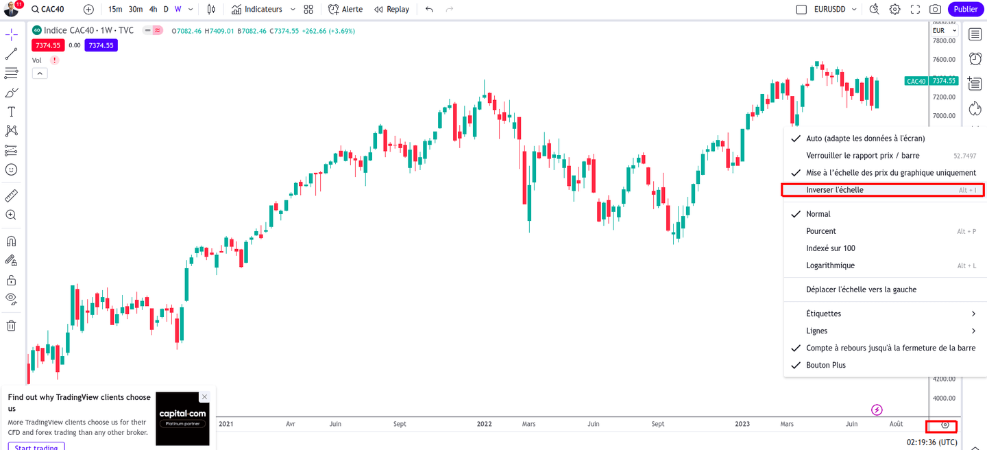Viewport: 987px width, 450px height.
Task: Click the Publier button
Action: (x=966, y=9)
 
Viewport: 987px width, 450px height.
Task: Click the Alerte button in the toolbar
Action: (x=346, y=10)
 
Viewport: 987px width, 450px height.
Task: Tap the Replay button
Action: (x=391, y=10)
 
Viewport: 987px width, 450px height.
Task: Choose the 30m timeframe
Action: (x=136, y=10)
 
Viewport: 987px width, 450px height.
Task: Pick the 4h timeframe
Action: (x=154, y=10)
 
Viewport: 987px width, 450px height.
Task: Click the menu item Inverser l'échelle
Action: (x=835, y=190)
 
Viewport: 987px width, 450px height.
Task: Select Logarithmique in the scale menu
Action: (x=830, y=265)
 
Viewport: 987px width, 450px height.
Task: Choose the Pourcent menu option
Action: (x=821, y=231)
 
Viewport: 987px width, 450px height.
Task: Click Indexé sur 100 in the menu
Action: (x=831, y=248)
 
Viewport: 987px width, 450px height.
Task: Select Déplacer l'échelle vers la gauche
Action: (x=861, y=289)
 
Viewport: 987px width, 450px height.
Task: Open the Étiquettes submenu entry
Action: (x=823, y=313)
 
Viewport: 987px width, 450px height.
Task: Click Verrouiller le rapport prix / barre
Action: (x=863, y=156)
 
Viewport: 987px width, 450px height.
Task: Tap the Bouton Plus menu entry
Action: (x=826, y=365)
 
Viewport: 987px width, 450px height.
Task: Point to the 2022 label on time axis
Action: (x=485, y=424)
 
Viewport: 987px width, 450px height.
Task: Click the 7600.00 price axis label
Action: (x=944, y=60)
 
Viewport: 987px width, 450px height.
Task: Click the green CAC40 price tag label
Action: (x=916, y=81)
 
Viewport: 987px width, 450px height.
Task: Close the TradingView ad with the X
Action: (x=204, y=396)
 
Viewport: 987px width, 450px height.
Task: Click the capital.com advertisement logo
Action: (x=182, y=418)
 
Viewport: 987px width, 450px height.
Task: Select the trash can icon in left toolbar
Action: (x=11, y=326)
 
